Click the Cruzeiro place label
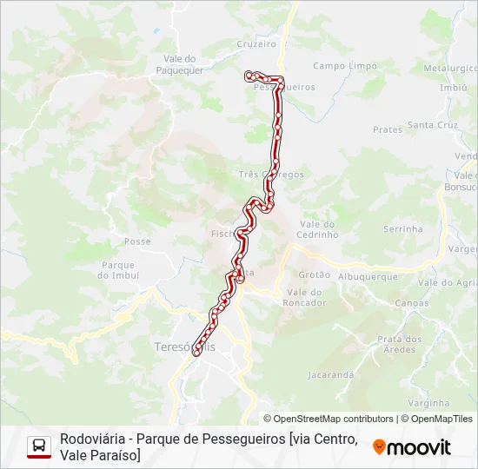(256, 43)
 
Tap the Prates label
(388, 129)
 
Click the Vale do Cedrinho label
(316, 229)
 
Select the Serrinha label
(402, 229)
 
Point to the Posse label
(137, 241)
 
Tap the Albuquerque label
(368, 277)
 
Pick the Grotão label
(314, 274)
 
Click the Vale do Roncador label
(305, 297)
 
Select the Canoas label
(411, 303)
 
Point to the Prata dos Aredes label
(400, 344)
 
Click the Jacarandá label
(330, 375)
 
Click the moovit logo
(412, 447)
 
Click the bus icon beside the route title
(39, 446)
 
